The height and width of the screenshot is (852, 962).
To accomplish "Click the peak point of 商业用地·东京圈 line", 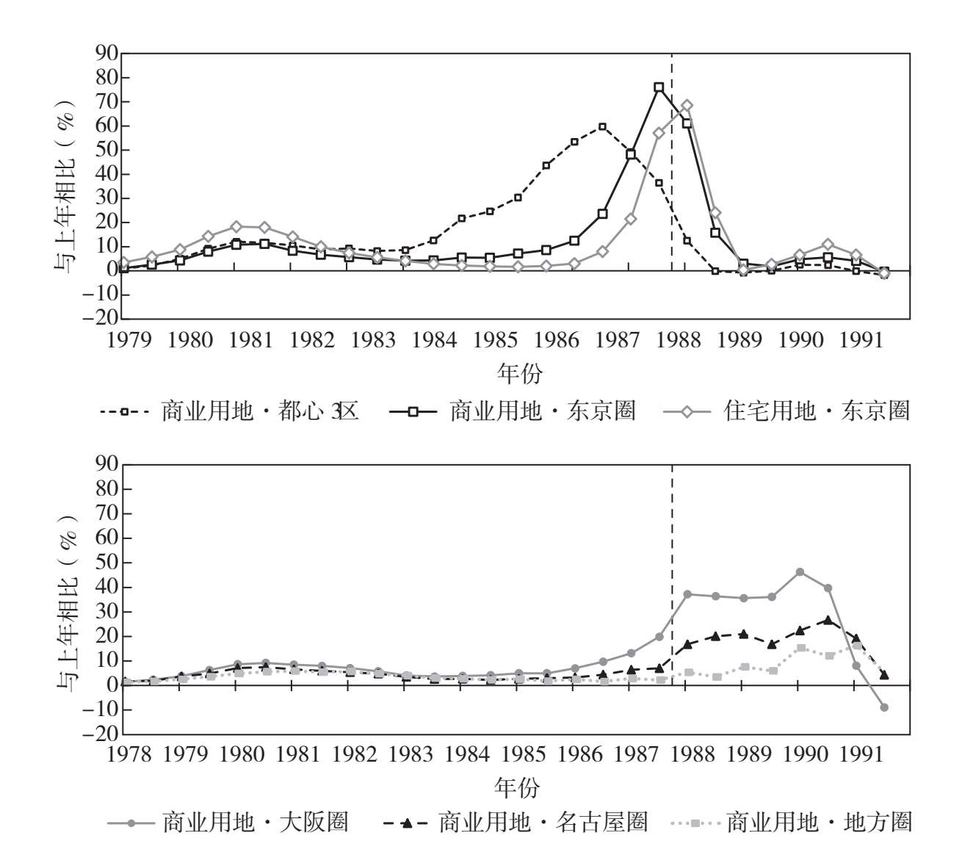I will point(659,87).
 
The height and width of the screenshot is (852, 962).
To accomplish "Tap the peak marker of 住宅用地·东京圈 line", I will point(687,106).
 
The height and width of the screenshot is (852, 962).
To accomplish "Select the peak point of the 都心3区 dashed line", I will point(602,126).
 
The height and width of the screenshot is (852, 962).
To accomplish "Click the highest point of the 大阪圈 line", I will point(800,572).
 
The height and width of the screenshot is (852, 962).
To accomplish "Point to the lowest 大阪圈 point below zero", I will point(884,707).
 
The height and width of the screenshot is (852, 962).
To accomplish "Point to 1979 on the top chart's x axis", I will point(129,341).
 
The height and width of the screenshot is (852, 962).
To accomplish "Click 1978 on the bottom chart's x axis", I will point(129,754).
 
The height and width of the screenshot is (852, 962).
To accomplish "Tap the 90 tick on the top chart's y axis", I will point(106,54).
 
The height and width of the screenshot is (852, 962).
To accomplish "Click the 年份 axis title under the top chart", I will point(519,374).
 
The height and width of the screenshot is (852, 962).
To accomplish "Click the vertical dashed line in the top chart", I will point(672,184).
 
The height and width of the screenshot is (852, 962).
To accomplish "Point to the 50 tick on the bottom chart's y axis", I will point(106,563).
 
